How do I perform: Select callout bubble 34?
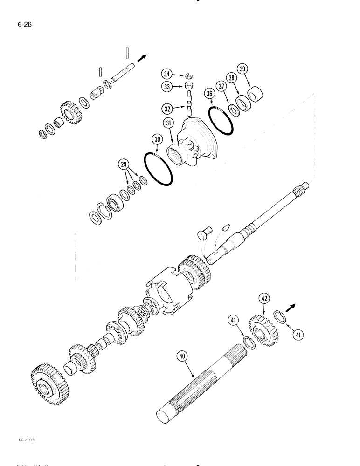(166, 73)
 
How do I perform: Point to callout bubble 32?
(167, 109)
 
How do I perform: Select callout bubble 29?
(124, 165)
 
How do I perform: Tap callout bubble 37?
(222, 87)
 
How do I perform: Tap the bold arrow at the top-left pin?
(143, 57)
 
